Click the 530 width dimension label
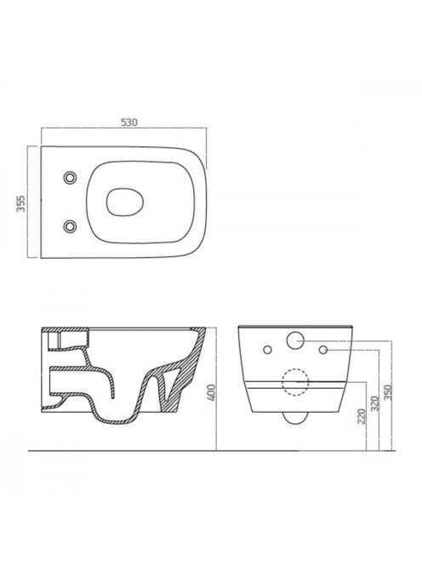[128, 123]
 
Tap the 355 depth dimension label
[21, 203]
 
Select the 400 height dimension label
[212, 392]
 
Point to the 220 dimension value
[362, 415]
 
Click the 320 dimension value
[374, 404]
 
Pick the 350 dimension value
[388, 392]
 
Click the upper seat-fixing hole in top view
[71, 177]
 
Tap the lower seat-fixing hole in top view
[71, 226]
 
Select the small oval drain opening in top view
[125, 202]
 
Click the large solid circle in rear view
[295, 340]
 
